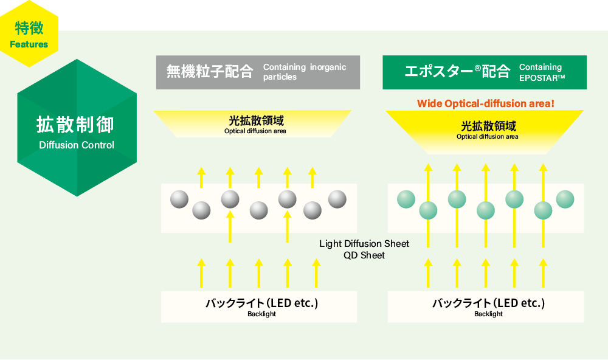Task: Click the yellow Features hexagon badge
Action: click(x=29, y=34)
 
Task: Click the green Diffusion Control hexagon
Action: click(x=76, y=128)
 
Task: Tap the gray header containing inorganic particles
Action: click(x=258, y=72)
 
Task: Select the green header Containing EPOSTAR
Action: click(x=484, y=72)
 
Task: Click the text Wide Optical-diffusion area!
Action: click(x=485, y=103)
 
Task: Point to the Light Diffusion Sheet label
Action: click(x=364, y=243)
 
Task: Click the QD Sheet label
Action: click(x=364, y=255)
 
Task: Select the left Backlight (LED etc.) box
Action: click(x=258, y=306)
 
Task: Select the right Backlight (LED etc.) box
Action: click(x=485, y=306)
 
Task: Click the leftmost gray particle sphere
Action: click(x=179, y=199)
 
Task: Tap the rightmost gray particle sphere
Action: click(x=337, y=199)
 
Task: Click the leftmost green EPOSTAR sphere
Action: click(x=406, y=199)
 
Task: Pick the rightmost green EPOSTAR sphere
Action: click(x=565, y=199)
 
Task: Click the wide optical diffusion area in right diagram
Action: click(x=485, y=130)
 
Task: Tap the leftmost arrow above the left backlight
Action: click(x=201, y=272)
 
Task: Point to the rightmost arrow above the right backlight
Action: click(x=542, y=272)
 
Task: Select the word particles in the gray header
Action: click(x=280, y=77)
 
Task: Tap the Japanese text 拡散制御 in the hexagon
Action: click(x=75, y=125)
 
